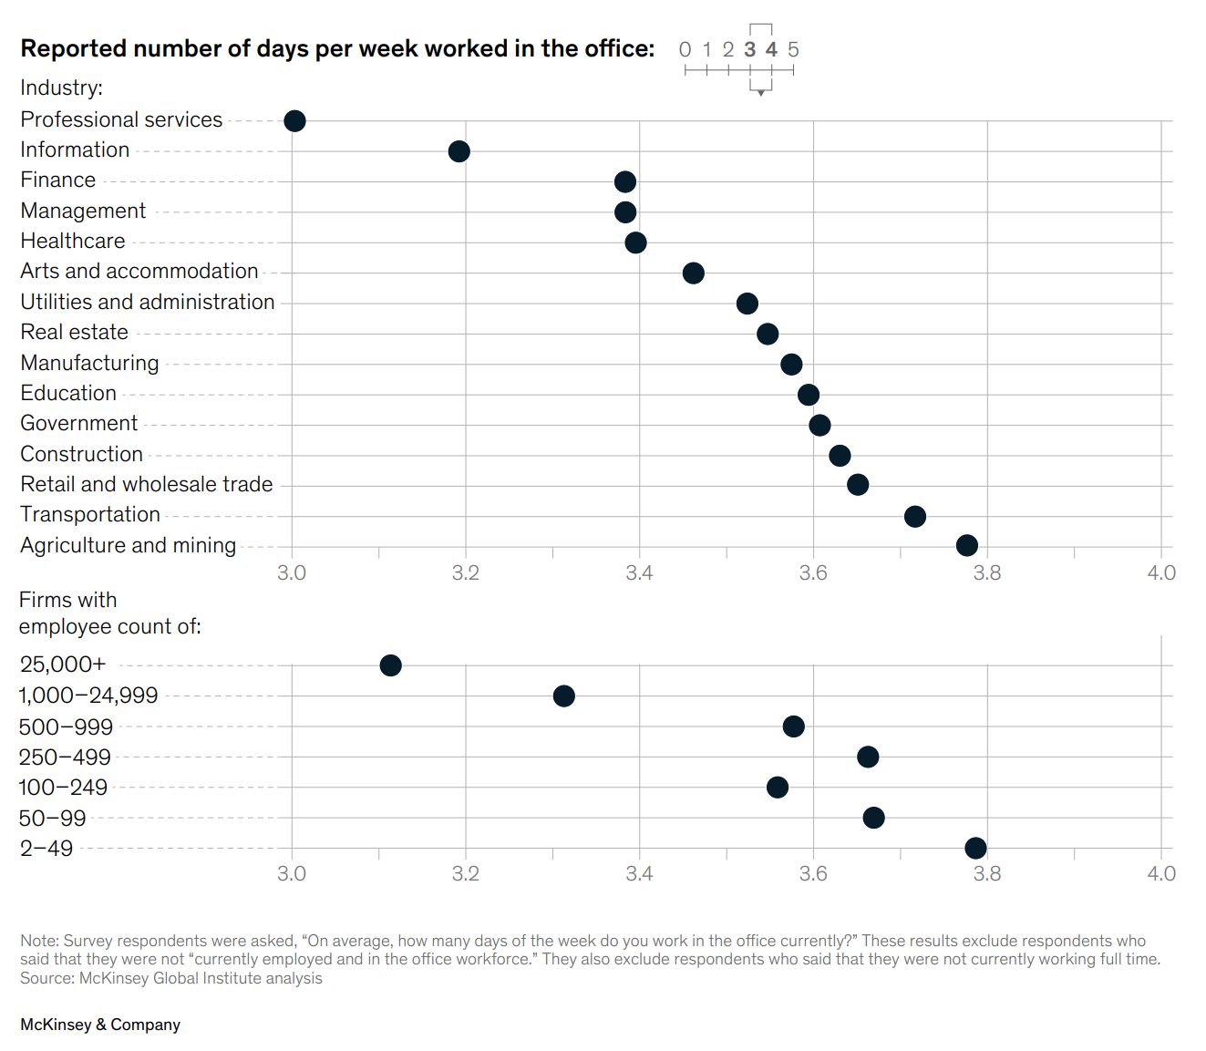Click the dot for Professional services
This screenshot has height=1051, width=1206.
click(294, 120)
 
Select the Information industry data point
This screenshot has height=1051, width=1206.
click(459, 151)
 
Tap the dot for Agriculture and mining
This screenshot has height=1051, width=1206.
click(967, 545)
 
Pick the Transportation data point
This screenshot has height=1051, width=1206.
click(915, 517)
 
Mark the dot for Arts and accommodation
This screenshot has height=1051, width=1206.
click(693, 273)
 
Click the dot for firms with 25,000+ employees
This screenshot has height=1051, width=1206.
click(390, 665)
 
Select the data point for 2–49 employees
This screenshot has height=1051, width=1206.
click(975, 849)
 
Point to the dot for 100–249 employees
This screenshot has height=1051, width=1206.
click(778, 788)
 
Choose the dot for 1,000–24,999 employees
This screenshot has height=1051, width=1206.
click(564, 696)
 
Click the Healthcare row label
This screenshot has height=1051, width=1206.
click(73, 242)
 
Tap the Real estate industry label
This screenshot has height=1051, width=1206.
click(75, 333)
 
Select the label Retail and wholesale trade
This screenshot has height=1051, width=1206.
click(147, 485)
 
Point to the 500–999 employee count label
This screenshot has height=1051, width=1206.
click(66, 727)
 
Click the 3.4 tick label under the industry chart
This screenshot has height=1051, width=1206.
click(639, 573)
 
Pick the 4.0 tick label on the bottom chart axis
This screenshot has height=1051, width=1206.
click(1161, 874)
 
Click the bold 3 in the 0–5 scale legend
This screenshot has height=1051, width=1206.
click(749, 50)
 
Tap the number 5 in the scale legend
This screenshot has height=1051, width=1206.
click(793, 50)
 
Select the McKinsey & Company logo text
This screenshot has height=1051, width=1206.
click(100, 1025)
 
